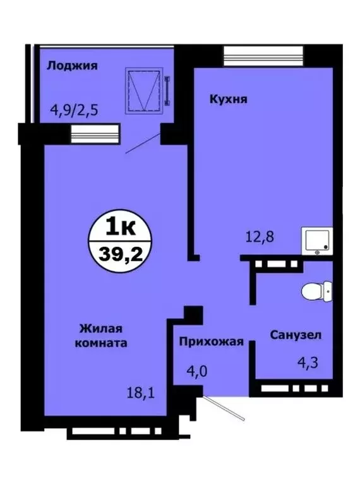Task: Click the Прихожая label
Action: [212, 342]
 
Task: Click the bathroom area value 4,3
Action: [307, 364]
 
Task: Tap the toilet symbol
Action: [316, 292]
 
